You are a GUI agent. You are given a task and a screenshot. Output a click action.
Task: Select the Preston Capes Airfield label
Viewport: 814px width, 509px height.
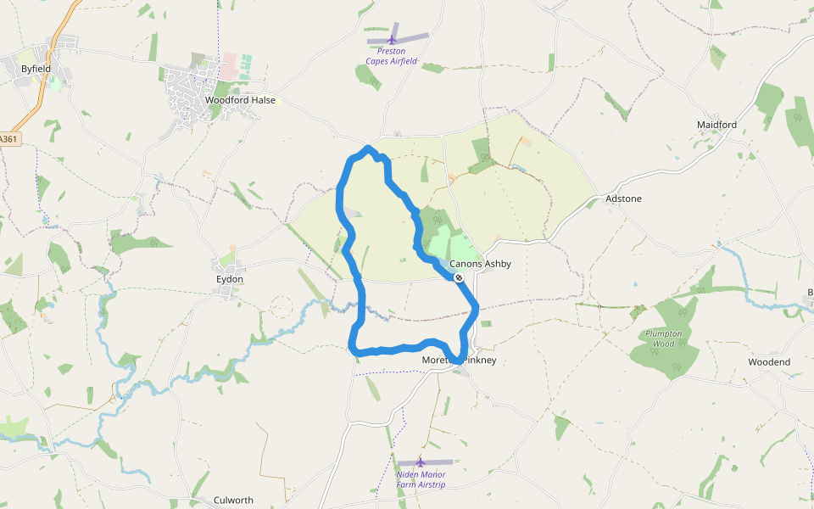click(x=392, y=56)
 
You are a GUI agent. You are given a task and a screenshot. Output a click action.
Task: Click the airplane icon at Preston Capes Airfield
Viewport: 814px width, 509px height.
click(x=392, y=39)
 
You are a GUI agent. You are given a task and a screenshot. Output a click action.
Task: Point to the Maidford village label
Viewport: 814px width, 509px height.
click(x=716, y=125)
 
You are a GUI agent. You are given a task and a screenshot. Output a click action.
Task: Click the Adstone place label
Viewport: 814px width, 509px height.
click(x=623, y=199)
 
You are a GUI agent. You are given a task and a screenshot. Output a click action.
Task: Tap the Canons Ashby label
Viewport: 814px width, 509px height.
click(x=480, y=264)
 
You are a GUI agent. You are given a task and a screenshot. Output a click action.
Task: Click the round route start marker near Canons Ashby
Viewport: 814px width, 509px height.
click(x=458, y=277)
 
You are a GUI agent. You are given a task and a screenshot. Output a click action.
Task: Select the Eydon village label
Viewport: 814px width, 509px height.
click(x=230, y=279)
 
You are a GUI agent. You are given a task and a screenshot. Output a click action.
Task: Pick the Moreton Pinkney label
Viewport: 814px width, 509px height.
click(x=459, y=361)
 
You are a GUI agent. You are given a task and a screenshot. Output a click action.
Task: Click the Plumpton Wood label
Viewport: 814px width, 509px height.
click(x=663, y=338)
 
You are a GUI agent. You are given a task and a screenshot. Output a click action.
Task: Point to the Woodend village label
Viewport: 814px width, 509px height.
click(x=768, y=362)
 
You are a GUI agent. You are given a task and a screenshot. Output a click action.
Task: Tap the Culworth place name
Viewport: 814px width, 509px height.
click(x=233, y=501)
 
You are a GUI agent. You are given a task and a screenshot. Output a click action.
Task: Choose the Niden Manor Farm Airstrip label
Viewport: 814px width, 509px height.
click(x=421, y=479)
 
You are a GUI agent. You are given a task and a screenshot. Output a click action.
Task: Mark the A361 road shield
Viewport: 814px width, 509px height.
click(x=8, y=138)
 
